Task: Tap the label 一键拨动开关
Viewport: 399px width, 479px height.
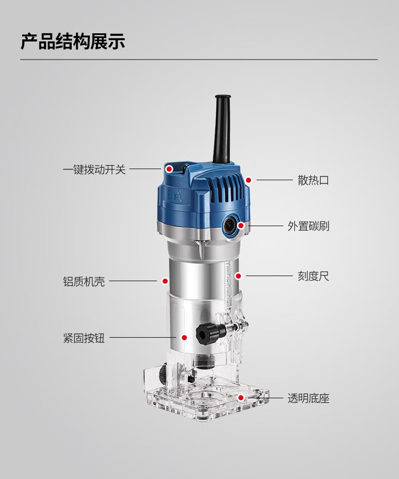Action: click(94, 169)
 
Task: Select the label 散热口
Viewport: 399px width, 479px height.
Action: click(313, 180)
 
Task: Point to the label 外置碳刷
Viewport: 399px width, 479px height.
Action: click(308, 226)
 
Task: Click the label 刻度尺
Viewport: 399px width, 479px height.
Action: click(313, 276)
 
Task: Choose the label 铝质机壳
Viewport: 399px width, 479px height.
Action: click(84, 281)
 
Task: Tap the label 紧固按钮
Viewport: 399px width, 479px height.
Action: click(84, 338)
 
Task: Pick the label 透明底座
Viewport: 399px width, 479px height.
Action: click(308, 398)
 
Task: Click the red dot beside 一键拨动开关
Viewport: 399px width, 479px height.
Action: click(169, 169)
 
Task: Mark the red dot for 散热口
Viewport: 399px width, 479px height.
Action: click(248, 180)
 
